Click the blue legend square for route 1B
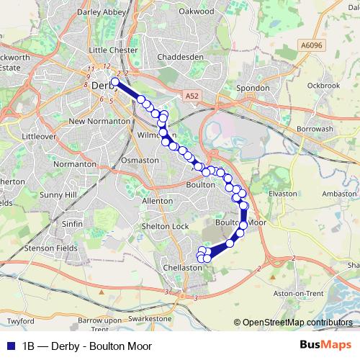coord(9,346)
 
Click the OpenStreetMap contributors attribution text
coord(297,323)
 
